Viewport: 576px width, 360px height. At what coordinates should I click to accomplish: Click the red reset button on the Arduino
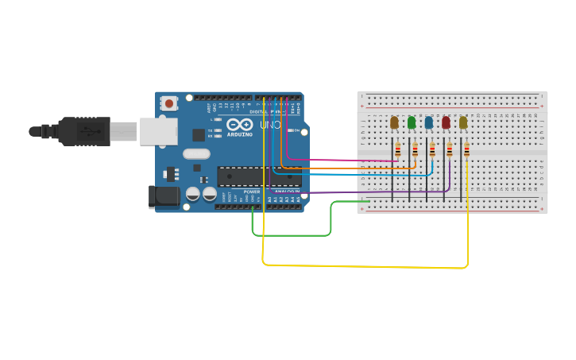168,103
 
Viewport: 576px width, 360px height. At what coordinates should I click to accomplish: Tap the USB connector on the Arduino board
158,131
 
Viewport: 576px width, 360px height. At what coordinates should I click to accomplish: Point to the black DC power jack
164,196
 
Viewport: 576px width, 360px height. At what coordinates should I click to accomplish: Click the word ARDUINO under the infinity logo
239,134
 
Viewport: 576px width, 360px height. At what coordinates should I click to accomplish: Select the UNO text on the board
270,125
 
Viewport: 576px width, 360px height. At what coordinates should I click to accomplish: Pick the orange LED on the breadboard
394,122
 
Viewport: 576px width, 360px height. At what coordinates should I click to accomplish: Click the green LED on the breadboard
412,122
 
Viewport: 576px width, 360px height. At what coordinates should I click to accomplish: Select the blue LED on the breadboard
429,122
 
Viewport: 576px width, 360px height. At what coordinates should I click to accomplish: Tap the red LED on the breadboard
446,122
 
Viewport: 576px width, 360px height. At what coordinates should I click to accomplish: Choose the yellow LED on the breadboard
463,122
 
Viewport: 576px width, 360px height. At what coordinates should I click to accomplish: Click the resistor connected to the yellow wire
466,150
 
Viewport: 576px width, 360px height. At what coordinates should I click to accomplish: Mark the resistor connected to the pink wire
397,150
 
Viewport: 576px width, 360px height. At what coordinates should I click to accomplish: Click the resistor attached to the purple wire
449,150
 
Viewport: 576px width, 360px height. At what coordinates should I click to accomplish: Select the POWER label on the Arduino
252,192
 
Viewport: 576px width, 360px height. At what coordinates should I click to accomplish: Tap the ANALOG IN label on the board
287,192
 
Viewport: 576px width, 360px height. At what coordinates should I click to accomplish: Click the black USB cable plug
83,131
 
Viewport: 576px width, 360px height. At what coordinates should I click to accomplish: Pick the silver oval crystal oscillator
196,154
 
